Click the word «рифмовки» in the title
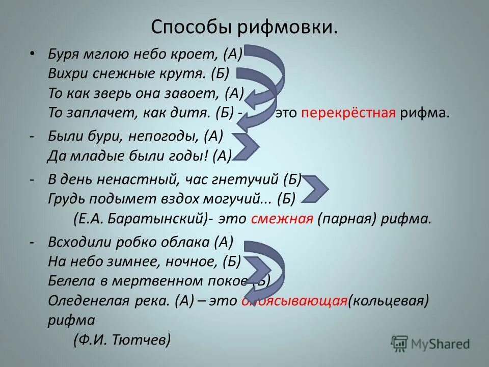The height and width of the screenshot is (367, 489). (x=286, y=27)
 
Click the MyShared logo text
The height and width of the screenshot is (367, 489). (x=441, y=344)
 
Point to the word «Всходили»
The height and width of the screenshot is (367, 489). (x=74, y=243)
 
